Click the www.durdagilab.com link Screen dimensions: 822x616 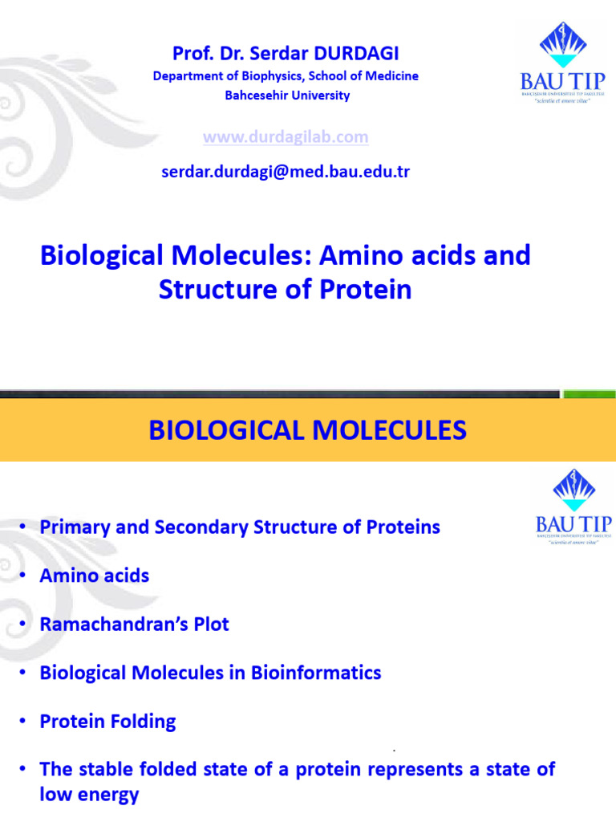(286, 137)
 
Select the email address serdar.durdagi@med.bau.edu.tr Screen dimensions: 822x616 (286, 172)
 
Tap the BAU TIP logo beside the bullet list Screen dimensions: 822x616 (573, 508)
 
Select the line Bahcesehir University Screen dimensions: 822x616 (286, 96)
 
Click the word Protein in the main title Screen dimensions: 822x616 (368, 289)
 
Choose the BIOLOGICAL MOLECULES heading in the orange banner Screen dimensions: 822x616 (307, 431)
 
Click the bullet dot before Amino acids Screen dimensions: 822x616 (23, 576)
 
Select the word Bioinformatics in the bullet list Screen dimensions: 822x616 (316, 672)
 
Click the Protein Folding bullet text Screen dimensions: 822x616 (107, 721)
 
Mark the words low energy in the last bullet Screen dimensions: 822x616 (89, 795)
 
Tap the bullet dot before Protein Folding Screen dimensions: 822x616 (23, 721)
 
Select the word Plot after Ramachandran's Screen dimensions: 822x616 (209, 624)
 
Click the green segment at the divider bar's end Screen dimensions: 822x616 (588, 394)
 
